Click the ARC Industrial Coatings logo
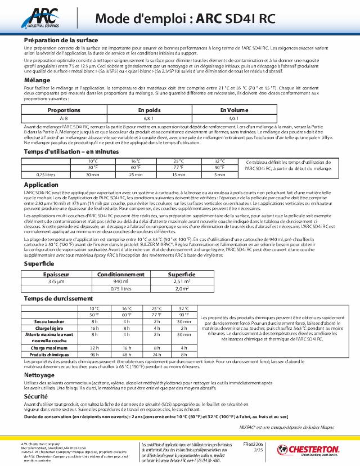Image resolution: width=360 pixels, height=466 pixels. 42,17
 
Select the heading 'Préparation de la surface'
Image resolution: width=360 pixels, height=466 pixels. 61,41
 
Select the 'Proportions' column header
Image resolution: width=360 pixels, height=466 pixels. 64,110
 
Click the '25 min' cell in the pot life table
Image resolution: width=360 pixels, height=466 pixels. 136,174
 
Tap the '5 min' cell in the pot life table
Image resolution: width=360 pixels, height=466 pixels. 219,174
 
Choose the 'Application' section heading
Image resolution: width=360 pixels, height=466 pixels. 41,184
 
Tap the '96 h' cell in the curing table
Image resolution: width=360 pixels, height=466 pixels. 94,355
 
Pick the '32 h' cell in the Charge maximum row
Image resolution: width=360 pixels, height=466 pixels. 94,348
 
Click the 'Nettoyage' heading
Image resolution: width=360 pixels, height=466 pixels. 39,375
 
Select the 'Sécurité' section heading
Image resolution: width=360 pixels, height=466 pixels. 37,396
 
